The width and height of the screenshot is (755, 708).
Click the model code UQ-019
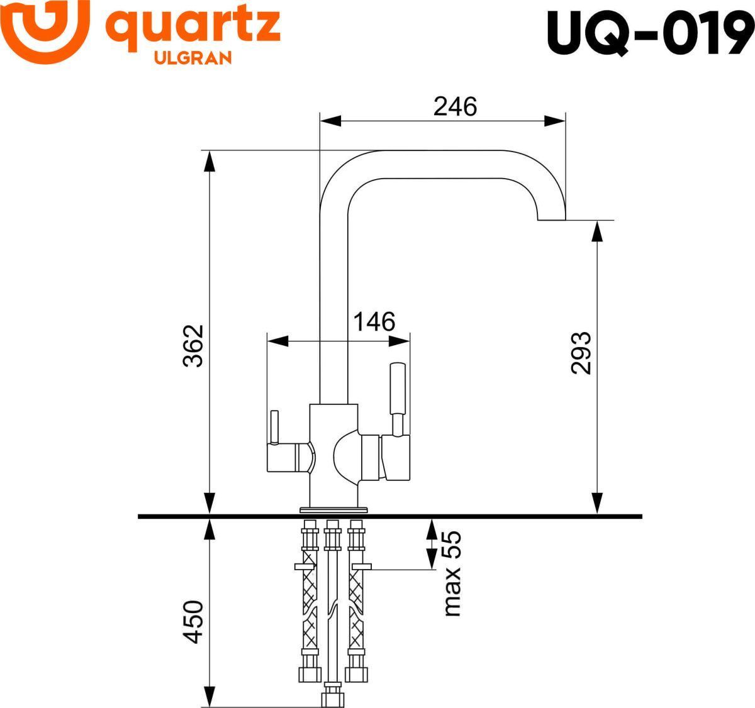[650, 33]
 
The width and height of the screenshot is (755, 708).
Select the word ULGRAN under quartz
[193, 58]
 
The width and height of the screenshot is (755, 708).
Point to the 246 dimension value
[455, 107]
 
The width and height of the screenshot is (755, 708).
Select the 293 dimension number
[581, 353]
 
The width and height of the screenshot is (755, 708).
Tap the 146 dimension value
[374, 321]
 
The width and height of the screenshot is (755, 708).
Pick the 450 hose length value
[194, 622]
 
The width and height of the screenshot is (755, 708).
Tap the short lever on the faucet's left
[274, 428]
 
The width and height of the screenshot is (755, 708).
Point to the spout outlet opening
[551, 219]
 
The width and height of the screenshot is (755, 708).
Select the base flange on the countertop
[334, 510]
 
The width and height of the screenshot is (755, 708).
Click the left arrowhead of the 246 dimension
[330, 121]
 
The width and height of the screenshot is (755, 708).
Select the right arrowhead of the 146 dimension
[400, 341]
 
